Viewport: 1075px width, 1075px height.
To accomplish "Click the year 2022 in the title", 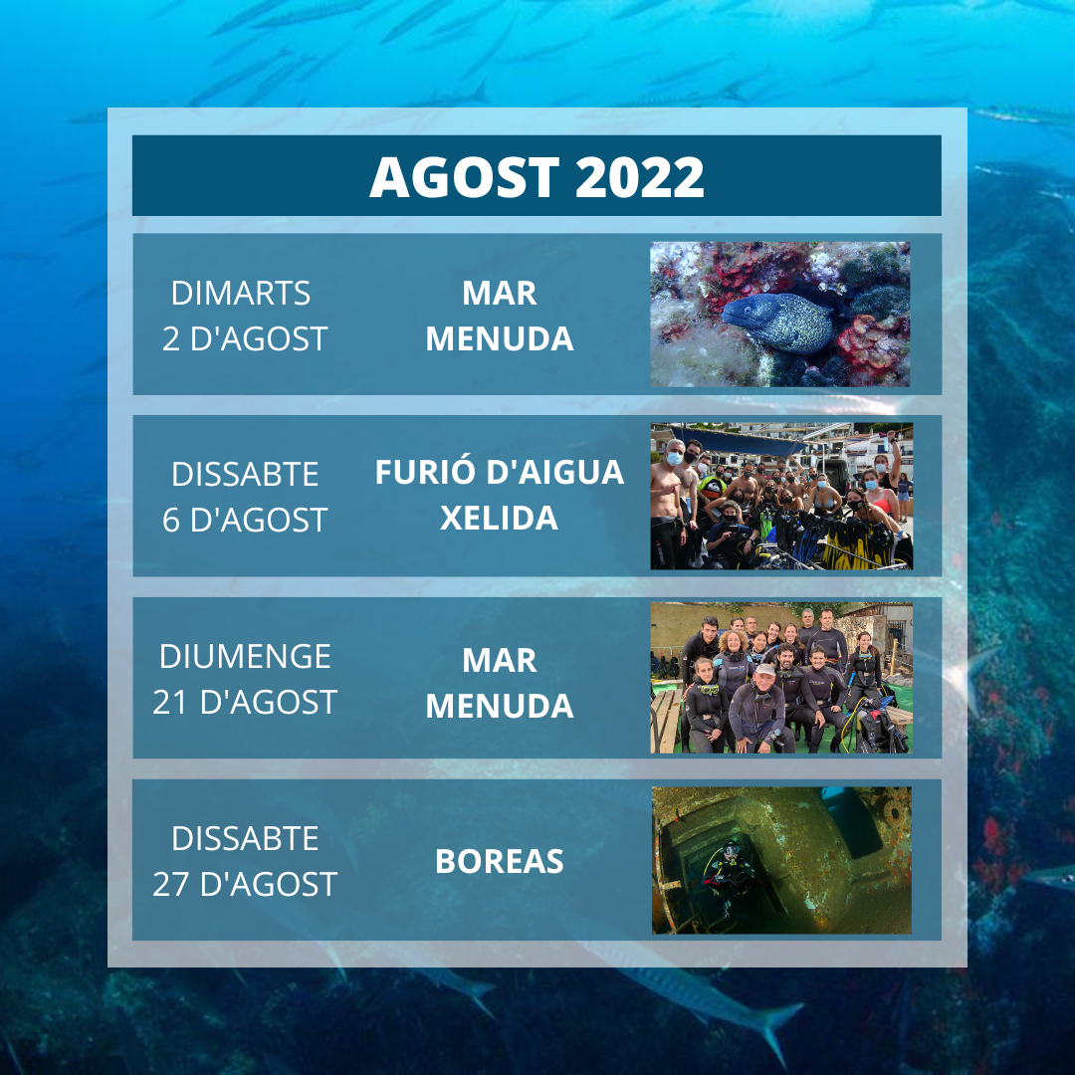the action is click(x=640, y=177).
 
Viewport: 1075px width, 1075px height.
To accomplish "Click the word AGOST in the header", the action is click(x=464, y=177).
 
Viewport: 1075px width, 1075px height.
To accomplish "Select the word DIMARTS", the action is click(x=241, y=294).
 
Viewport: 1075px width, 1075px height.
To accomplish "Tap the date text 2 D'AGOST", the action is click(x=245, y=338).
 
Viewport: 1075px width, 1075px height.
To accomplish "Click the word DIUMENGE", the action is click(x=245, y=657).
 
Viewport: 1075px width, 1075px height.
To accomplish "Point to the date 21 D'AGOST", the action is click(x=245, y=702).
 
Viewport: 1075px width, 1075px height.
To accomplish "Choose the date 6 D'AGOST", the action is click(x=245, y=520).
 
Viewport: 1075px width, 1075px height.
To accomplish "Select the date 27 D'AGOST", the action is click(x=245, y=885).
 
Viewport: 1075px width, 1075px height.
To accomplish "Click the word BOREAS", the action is click(x=499, y=862).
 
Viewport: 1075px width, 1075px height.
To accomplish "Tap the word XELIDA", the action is click(x=499, y=519).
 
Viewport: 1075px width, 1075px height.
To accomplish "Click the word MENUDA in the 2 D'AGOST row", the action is click(x=499, y=338).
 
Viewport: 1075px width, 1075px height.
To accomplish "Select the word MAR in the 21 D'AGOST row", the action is click(x=499, y=660).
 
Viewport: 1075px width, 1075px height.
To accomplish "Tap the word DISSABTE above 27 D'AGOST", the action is click(x=245, y=838).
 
